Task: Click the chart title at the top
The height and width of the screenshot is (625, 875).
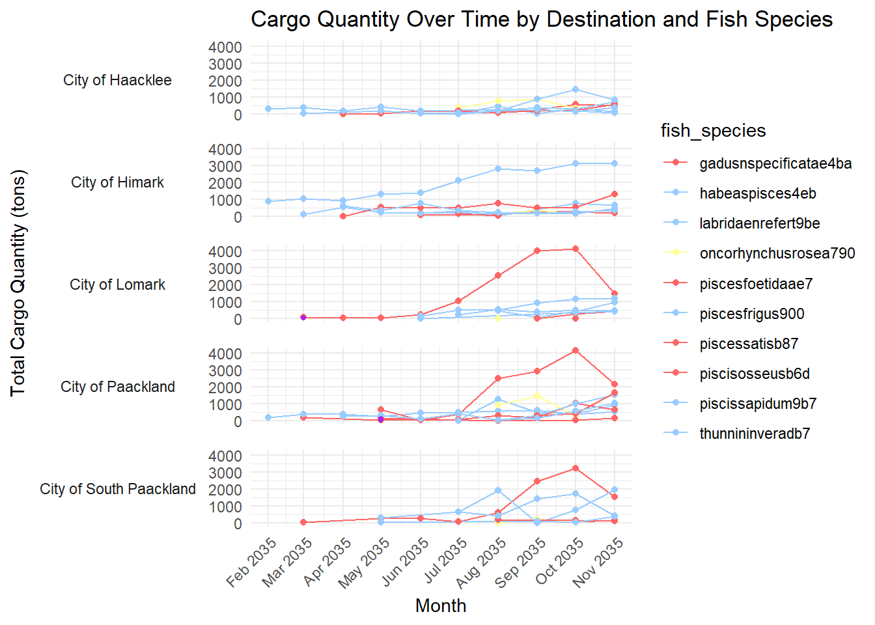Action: (x=542, y=20)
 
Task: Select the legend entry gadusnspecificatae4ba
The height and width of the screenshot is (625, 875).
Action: (x=775, y=163)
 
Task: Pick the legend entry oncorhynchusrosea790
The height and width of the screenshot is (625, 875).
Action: (x=777, y=253)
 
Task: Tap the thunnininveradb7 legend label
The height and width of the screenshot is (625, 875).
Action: (x=755, y=434)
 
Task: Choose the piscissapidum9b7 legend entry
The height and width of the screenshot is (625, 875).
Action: (x=758, y=404)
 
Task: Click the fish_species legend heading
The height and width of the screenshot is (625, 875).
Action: (x=713, y=131)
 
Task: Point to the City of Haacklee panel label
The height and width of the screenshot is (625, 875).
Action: (x=117, y=80)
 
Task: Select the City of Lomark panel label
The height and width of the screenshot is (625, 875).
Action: (x=117, y=285)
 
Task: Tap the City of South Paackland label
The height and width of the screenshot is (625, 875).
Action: (x=117, y=489)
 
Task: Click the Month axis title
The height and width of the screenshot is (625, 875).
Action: (x=441, y=605)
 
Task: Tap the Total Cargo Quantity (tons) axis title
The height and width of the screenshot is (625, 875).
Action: (x=18, y=283)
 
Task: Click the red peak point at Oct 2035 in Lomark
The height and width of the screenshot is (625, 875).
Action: (x=576, y=249)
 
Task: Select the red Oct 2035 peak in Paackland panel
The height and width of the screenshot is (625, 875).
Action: (x=576, y=350)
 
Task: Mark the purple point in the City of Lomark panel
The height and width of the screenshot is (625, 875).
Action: (x=303, y=317)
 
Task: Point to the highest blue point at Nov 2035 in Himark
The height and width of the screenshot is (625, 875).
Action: (x=615, y=163)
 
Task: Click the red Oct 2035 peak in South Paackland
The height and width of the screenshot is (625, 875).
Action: (x=576, y=468)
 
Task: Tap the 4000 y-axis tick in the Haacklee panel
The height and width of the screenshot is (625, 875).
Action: (x=225, y=47)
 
